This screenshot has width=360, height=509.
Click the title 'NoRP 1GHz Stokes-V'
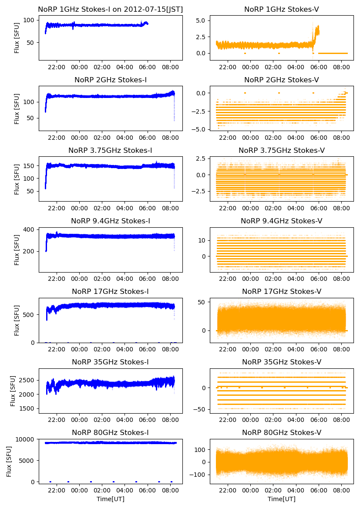[x=281, y=9]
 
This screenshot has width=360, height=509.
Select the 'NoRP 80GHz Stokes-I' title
[x=110, y=432]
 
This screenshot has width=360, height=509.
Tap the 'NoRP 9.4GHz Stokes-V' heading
[x=281, y=221]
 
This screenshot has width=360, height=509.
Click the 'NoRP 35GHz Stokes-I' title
[x=110, y=362]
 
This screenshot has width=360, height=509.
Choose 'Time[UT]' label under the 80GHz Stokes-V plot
[x=281, y=499]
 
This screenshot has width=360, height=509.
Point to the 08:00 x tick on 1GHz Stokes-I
[x=170, y=67]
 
